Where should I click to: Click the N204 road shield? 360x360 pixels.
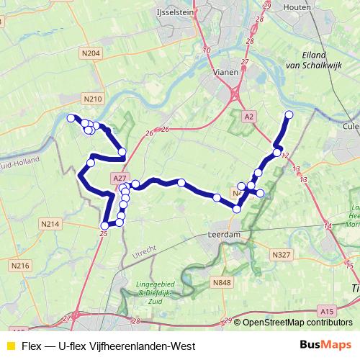pyautogui.click(x=91, y=53)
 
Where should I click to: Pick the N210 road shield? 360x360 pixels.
pyautogui.click(x=94, y=99)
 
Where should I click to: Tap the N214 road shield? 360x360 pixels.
pyautogui.click(x=50, y=225)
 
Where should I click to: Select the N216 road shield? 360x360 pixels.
pyautogui.click(x=21, y=266)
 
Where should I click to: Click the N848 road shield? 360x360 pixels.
pyautogui.click(x=222, y=283)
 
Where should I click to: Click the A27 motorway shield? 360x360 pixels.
pyautogui.click(x=120, y=178)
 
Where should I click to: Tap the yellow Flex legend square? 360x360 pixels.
pyautogui.click(x=10, y=345)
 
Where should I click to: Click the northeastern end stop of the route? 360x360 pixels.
pyautogui.click(x=289, y=114)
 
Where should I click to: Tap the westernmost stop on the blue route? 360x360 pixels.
pyautogui.click(x=71, y=118)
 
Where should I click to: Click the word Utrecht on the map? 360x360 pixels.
pyautogui.click(x=145, y=251)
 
